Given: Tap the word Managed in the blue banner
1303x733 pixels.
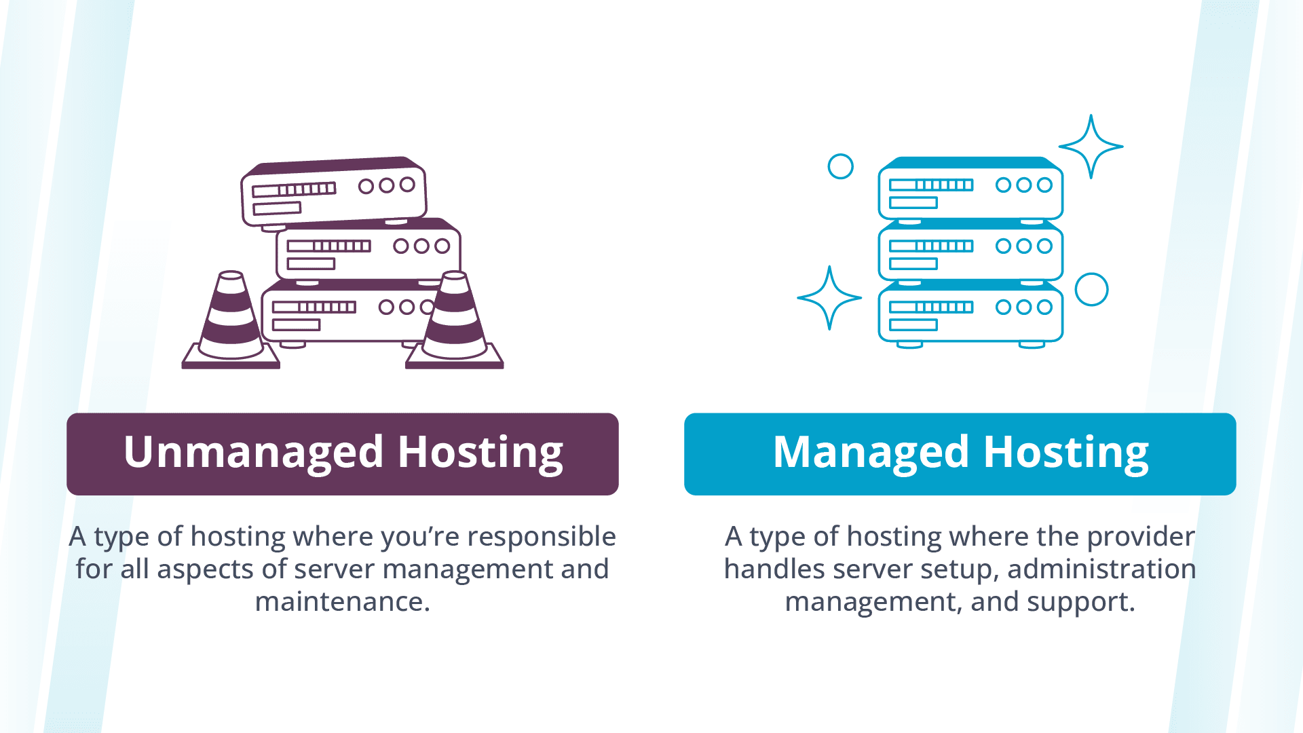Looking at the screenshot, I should tap(871, 453).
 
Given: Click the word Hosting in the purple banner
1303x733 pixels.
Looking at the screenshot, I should tap(480, 453).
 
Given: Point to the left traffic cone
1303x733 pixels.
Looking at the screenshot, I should tap(231, 322).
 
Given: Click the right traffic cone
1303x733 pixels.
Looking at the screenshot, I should tap(455, 322).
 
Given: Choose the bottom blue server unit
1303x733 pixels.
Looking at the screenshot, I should tap(970, 312).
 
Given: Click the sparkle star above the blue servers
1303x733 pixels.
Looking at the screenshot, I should tap(1091, 146).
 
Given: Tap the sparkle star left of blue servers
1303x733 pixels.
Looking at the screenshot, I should tap(829, 297).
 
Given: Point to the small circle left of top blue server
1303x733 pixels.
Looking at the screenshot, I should tap(840, 166).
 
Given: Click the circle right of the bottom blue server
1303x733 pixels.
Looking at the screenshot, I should tap(1091, 290).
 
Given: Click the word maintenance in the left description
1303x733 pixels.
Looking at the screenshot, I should tap(342, 601).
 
